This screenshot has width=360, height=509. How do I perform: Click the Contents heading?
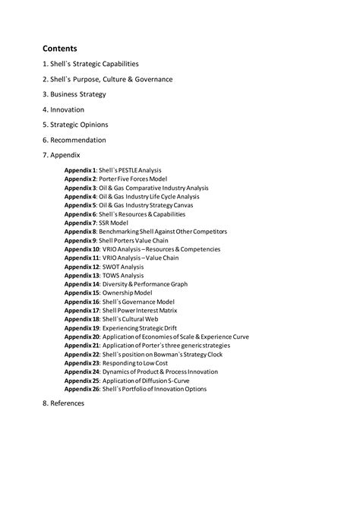pos(59,48)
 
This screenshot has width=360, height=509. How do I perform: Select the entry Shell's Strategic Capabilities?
pos(90,64)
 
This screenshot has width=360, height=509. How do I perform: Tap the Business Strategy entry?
pos(74,94)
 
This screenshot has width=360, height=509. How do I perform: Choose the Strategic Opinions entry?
pos(75,125)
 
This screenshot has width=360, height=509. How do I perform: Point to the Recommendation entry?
pos(74,140)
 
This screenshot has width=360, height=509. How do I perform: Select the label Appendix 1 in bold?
pos(80,170)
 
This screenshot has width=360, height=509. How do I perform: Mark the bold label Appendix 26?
pos(81,389)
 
